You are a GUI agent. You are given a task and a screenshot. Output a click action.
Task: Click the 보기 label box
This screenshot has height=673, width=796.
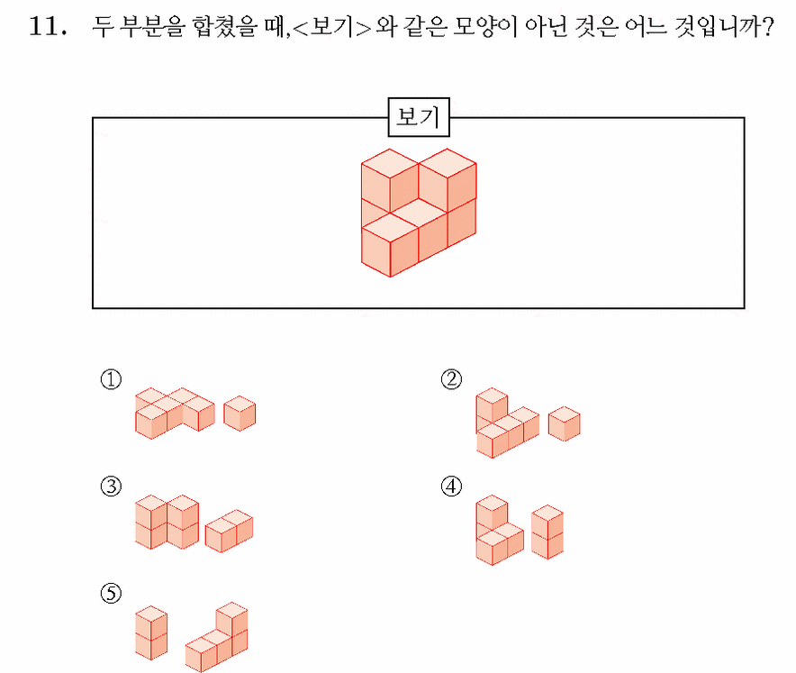click(419, 117)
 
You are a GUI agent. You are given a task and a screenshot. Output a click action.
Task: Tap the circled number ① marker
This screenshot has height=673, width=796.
click(111, 379)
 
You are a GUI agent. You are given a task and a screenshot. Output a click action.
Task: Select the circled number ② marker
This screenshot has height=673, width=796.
click(451, 379)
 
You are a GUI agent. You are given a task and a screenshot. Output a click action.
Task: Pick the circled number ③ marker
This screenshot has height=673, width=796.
click(111, 487)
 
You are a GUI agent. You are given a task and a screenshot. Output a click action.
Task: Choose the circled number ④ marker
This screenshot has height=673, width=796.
click(451, 487)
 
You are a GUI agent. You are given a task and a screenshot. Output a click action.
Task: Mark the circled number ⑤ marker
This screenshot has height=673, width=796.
click(111, 593)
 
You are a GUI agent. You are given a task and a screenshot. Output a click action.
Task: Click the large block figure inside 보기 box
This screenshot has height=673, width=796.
click(419, 213)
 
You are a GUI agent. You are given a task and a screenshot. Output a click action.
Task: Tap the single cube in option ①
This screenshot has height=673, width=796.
click(240, 414)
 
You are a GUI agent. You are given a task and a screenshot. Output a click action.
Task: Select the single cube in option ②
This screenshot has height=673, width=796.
click(564, 423)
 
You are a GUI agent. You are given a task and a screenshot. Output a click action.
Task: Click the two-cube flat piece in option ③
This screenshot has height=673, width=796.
click(229, 531)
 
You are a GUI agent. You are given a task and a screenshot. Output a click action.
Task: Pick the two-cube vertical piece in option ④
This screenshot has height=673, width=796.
click(547, 532)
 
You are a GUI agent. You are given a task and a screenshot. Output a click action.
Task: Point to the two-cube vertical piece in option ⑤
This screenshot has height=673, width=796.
click(151, 632)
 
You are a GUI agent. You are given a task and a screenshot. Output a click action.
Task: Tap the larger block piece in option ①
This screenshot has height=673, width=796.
click(175, 414)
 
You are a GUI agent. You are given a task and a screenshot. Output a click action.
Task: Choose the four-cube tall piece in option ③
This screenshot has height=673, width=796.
click(167, 523)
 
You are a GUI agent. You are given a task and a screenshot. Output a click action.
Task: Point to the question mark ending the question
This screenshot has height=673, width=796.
click(768, 26)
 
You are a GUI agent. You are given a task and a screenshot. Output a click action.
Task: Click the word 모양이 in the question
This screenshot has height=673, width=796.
click(484, 26)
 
